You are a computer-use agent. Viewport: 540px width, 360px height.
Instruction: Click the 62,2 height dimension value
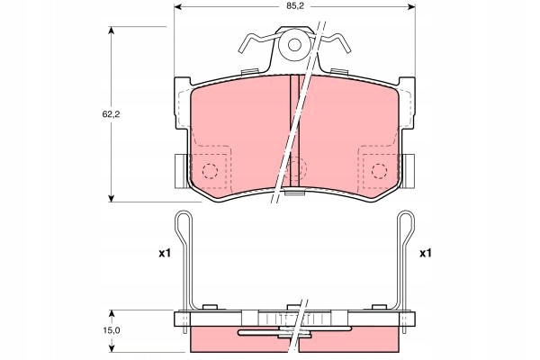(111, 114)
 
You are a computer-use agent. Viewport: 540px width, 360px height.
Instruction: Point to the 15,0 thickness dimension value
(112, 330)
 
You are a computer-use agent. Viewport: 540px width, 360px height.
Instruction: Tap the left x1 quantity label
(165, 254)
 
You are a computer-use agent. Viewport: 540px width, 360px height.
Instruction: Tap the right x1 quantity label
(426, 254)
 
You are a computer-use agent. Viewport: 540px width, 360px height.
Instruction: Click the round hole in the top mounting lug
(294, 45)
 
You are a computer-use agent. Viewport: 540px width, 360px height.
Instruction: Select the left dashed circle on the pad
(210, 171)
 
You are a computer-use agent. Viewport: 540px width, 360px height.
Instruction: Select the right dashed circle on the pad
(380, 171)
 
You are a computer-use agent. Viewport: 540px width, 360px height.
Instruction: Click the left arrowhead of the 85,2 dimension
(177, 6)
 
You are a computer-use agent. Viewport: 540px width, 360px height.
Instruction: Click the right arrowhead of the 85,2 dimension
(411, 6)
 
